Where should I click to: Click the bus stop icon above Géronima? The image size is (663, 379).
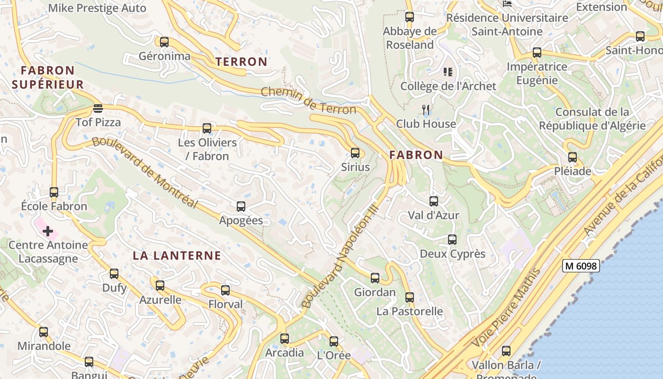164,42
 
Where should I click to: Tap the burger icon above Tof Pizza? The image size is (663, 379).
98,108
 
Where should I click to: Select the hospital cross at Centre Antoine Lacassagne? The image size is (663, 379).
48,231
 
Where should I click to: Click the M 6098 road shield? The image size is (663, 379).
581,266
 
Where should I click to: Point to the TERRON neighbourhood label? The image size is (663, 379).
242,62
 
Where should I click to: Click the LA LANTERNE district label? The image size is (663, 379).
177,256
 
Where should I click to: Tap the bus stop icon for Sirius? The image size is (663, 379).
355,153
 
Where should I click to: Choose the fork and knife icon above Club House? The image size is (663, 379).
426,110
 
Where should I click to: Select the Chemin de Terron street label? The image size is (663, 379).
308,100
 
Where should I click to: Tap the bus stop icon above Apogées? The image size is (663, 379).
241,207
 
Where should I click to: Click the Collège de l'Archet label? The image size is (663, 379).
448,86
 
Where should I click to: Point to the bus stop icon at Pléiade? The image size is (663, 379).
573,157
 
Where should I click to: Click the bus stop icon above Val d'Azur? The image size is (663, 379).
434,201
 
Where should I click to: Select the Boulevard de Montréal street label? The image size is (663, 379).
144,172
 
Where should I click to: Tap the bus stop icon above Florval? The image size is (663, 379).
225,290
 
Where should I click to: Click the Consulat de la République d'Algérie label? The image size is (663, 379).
592,119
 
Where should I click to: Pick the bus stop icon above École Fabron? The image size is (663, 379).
54,192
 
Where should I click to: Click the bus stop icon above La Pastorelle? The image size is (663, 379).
410,298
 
